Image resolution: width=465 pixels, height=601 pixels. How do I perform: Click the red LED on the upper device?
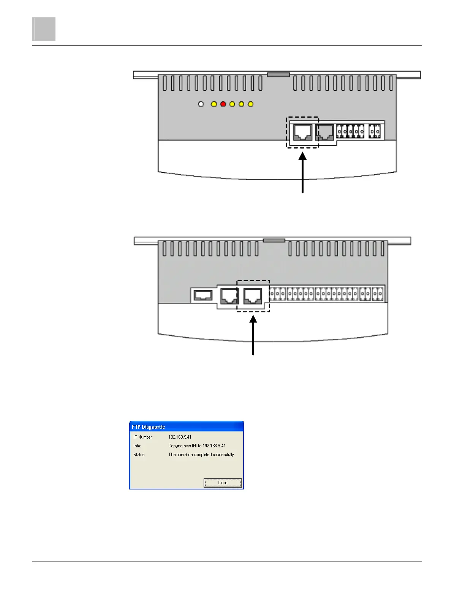(x=223, y=104)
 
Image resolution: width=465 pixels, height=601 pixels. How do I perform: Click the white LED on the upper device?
(x=201, y=104)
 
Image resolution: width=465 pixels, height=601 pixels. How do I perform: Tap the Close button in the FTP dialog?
(x=223, y=483)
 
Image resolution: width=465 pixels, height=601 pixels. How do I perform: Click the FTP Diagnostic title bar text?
(x=149, y=427)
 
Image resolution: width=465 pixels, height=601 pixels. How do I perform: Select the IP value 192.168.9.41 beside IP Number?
(x=180, y=437)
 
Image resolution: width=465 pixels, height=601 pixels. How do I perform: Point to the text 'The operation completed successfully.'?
(x=201, y=455)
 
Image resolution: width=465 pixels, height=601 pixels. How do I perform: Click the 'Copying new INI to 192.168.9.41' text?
(x=197, y=446)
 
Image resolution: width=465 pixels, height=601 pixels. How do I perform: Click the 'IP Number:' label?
(x=143, y=437)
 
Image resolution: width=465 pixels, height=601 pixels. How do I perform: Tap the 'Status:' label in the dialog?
(x=139, y=455)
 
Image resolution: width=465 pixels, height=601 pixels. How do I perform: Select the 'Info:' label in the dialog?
(x=137, y=446)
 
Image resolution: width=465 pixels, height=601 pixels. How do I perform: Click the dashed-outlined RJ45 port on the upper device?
(x=303, y=132)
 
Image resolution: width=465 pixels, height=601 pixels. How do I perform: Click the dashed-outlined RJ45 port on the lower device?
(x=253, y=296)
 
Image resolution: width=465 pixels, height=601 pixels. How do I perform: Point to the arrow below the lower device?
(x=253, y=336)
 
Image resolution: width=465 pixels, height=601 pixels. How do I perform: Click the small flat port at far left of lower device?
(x=203, y=295)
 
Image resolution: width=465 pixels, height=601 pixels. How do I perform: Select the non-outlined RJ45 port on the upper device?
(x=325, y=132)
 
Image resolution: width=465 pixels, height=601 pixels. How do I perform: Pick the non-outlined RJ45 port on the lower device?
(x=229, y=296)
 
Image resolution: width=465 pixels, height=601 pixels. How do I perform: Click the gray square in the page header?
(x=44, y=29)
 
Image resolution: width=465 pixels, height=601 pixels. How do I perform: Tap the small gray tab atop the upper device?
(x=278, y=75)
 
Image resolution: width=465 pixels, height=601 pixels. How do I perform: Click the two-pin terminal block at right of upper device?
(x=375, y=131)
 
